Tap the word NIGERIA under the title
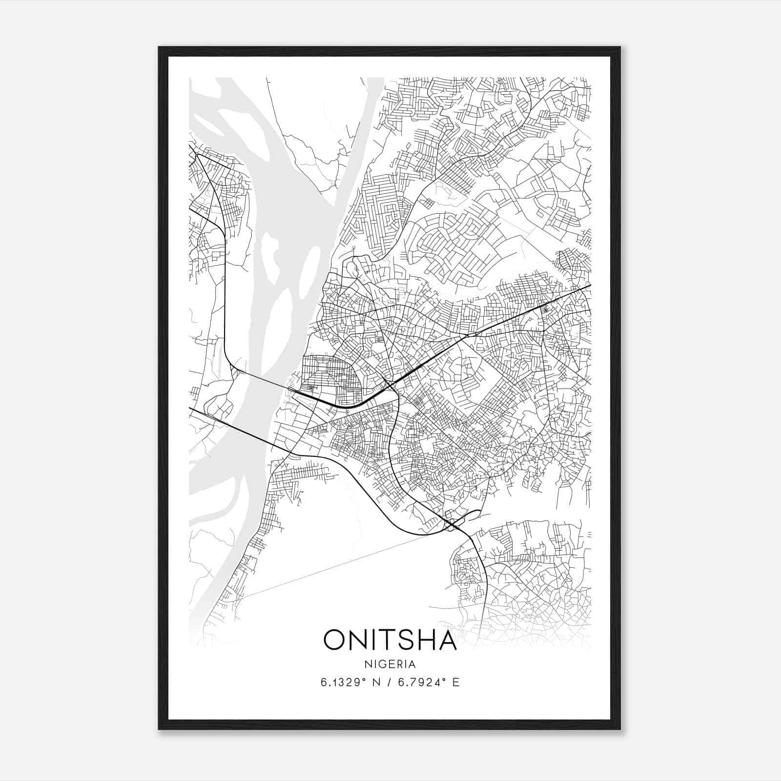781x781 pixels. point(390,664)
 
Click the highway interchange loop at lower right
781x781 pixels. point(452,525)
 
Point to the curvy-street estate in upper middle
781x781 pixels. point(439,239)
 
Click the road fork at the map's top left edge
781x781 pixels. point(197,155)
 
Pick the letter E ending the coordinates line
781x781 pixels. point(456,682)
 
